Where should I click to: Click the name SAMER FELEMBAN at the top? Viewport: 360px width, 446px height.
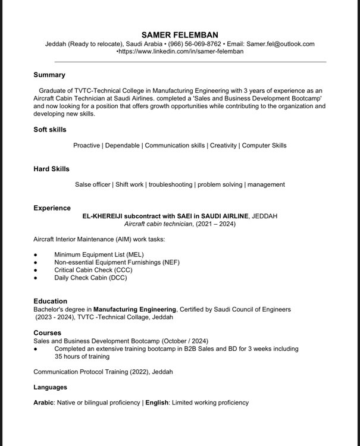pyautogui.click(x=180, y=35)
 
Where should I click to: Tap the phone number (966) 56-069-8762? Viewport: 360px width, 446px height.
pyautogui.click(x=195, y=44)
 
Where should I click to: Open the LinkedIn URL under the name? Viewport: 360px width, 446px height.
pyautogui.click(x=181, y=52)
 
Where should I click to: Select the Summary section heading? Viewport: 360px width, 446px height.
pyautogui.click(x=49, y=75)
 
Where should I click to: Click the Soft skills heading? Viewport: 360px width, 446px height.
pyautogui.click(x=50, y=130)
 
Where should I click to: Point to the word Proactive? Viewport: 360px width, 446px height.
pyautogui.click(x=87, y=145)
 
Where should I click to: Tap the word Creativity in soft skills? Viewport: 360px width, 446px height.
pyautogui.click(x=223, y=145)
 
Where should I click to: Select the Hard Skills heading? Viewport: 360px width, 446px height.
pyautogui.click(x=51, y=169)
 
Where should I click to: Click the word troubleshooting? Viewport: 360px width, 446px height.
pyautogui.click(x=171, y=184)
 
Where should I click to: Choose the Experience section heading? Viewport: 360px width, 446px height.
pyautogui.click(x=52, y=208)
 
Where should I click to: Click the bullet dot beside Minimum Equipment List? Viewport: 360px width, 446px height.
pyautogui.click(x=36, y=255)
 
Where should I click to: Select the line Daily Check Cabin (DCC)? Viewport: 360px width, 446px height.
pyautogui.click(x=90, y=278)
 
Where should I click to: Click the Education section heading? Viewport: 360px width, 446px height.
pyautogui.click(x=50, y=301)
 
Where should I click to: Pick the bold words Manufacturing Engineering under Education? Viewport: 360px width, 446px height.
pyautogui.click(x=135, y=309)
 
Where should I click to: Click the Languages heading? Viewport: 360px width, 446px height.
pyautogui.click(x=50, y=387)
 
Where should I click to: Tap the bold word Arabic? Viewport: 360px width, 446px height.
pyautogui.click(x=43, y=403)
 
